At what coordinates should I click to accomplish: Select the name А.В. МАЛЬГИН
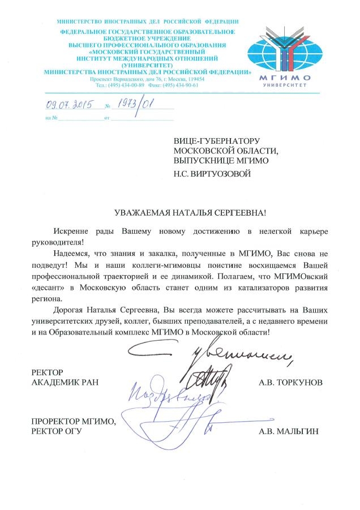pyautogui.click(x=288, y=431)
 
